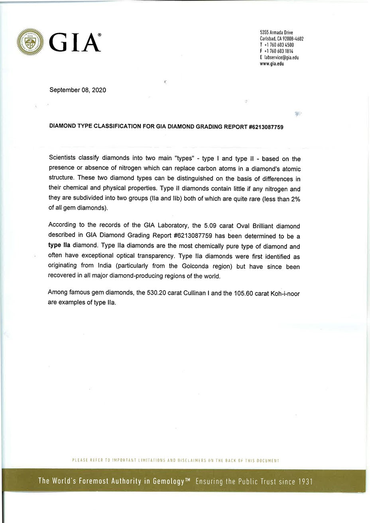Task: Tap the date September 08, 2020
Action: click(77, 90)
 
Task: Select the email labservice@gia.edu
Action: click(281, 57)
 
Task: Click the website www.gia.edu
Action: click(272, 63)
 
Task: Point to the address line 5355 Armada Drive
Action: click(276, 33)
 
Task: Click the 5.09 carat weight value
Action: click(210, 226)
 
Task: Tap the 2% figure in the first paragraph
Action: click(295, 199)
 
